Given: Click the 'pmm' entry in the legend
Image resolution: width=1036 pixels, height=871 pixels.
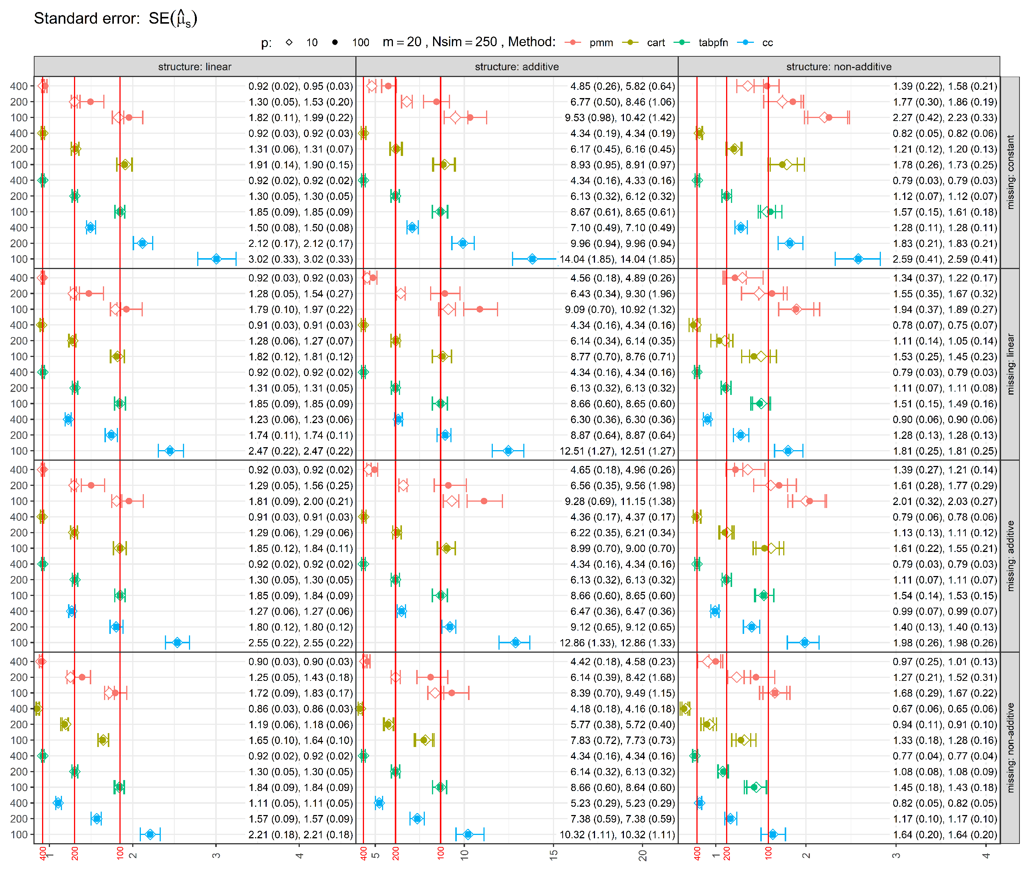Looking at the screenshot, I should tap(601, 42).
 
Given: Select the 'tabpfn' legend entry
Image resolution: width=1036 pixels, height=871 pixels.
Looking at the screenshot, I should tap(713, 42).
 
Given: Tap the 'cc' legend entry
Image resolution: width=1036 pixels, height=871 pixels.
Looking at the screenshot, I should tap(767, 42).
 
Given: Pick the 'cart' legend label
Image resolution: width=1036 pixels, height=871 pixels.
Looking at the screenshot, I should tap(655, 42).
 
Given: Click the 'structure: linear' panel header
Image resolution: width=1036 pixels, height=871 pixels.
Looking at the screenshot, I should tap(195, 67).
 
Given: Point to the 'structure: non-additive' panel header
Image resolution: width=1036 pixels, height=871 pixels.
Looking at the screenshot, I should tap(838, 67).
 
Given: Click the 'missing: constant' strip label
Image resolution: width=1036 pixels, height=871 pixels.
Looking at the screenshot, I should tap(1010, 172).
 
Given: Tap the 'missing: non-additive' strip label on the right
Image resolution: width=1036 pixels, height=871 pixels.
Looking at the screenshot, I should tap(1010, 747).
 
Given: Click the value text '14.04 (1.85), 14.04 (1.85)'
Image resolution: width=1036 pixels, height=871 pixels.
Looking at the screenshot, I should tap(617, 259).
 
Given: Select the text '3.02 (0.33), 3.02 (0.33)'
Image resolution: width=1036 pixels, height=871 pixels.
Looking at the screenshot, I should tap(301, 259).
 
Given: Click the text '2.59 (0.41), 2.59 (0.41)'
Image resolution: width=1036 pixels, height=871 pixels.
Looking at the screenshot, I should tap(945, 259).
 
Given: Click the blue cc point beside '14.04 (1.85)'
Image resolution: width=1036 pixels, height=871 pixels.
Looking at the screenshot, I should tap(532, 259).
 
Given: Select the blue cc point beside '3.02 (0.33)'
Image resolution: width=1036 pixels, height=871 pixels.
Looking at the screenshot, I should tap(216, 259).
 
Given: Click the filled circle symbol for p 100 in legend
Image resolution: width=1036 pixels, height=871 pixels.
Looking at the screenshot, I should tap(335, 42).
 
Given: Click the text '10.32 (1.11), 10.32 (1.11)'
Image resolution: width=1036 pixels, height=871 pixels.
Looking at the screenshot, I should tap(617, 835).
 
